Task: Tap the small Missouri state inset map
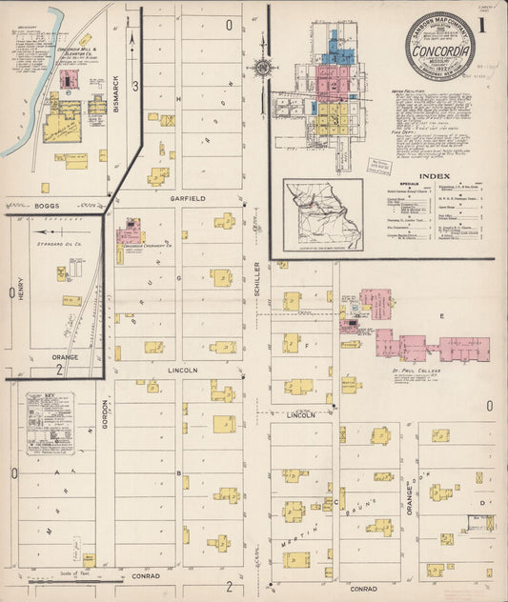click(x=322, y=213)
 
